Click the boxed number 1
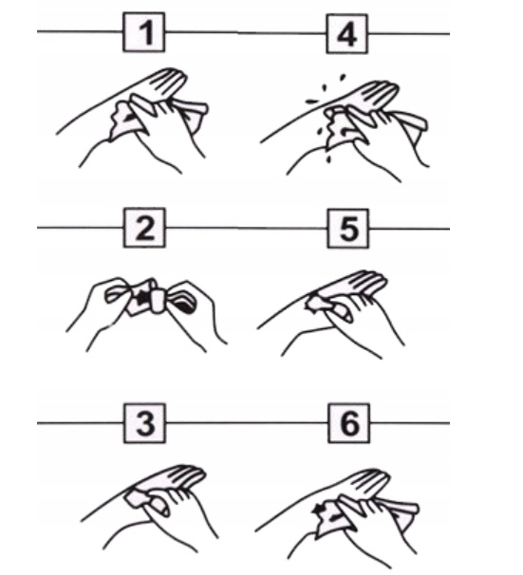[143, 32]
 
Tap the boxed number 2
[144, 228]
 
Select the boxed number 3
[144, 423]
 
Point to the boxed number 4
[347, 34]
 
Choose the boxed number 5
[348, 229]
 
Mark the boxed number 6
[348, 423]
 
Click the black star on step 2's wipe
[141, 298]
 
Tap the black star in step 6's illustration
[317, 509]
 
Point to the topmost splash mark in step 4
[343, 78]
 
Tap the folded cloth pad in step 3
[139, 498]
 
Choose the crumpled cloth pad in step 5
[318, 304]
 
